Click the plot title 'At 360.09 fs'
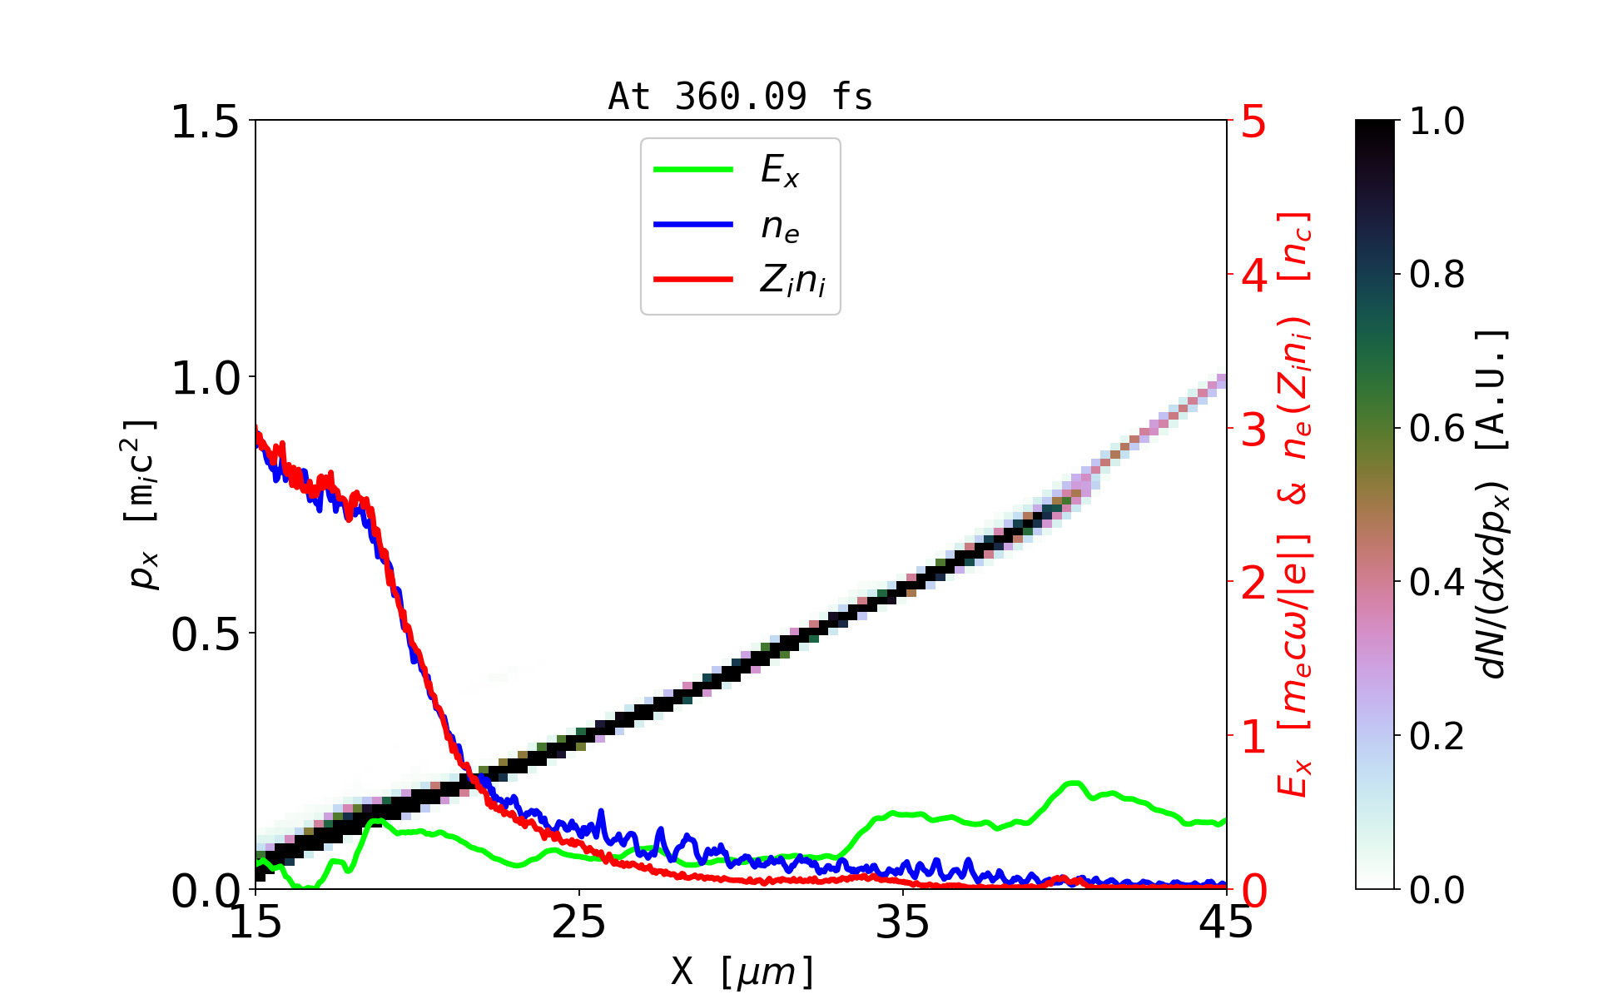[740, 97]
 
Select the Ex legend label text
[780, 171]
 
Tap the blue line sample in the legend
[693, 225]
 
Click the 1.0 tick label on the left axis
[205, 379]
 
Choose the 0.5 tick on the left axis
[205, 635]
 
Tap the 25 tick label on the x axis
[579, 922]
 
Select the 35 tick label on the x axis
[903, 922]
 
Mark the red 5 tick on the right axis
[1253, 122]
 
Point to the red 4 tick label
[1253, 276]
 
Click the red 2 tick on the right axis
[1253, 584]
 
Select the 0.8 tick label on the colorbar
[1437, 274]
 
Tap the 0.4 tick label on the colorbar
[1437, 582]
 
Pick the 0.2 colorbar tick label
[1437, 736]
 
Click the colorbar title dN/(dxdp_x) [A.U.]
[1494, 504]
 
